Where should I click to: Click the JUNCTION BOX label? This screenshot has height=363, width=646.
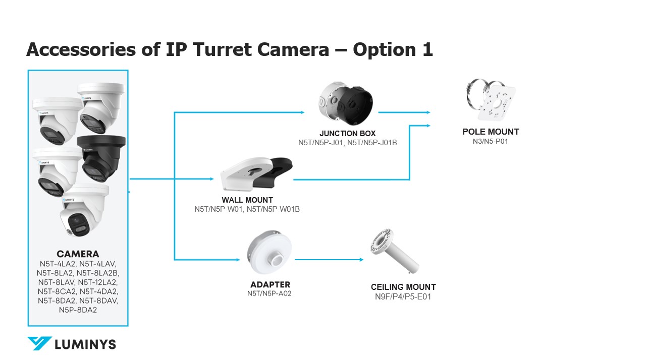(348, 134)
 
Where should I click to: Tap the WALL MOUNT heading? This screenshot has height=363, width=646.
(247, 200)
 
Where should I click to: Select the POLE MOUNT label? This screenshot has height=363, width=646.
(491, 132)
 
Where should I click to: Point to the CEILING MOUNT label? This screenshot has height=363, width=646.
(403, 287)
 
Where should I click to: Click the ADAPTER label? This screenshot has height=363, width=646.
(270, 285)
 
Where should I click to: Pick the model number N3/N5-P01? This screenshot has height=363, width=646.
(490, 142)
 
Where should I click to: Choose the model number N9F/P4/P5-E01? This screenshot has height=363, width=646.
(403, 297)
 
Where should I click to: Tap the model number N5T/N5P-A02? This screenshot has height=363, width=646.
(270, 293)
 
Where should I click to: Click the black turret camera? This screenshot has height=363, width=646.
(101, 158)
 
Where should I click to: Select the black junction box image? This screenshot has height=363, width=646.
(355, 105)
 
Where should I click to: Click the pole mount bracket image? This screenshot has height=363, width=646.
(491, 99)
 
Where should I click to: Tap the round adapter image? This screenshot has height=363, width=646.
(270, 252)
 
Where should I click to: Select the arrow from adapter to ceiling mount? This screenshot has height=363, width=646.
(329, 260)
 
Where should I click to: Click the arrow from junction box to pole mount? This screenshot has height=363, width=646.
(404, 112)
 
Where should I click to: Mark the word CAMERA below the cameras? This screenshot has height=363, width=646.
(78, 254)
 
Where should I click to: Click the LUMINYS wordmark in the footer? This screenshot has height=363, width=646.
(85, 344)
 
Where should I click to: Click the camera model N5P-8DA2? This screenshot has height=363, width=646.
(78, 310)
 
